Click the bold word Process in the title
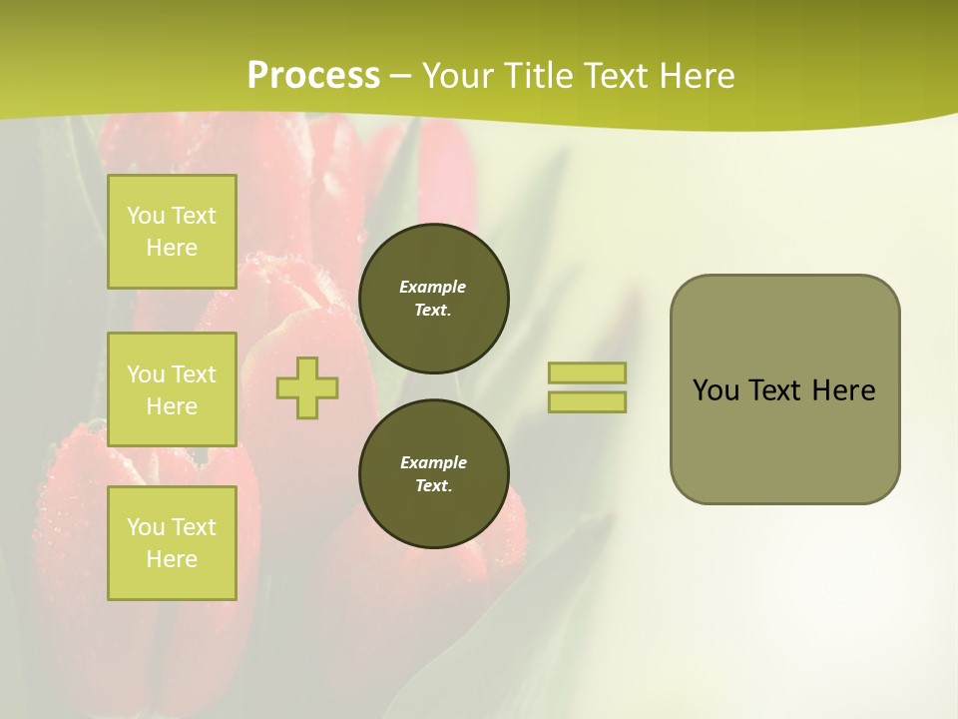click(313, 76)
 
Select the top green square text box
click(172, 232)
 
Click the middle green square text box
click(172, 389)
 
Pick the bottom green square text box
click(172, 543)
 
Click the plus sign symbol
click(307, 387)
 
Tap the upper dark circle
click(434, 299)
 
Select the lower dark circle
click(434, 474)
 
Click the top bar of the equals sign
click(587, 372)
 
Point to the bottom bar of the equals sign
click(587, 401)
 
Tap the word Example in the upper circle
click(433, 287)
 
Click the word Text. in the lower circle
click(433, 486)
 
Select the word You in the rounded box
click(716, 390)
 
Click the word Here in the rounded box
click(843, 390)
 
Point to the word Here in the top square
click(172, 248)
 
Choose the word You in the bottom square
click(146, 527)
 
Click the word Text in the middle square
click(194, 374)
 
